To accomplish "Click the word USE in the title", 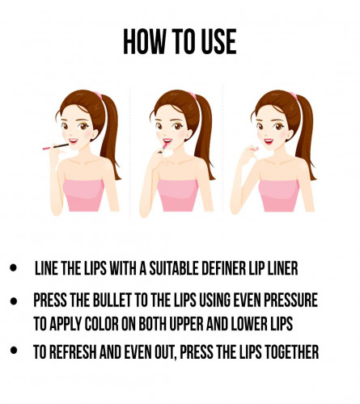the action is (x=218, y=42).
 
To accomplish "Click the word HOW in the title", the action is (x=144, y=42).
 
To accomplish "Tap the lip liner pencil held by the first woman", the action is (x=56, y=147).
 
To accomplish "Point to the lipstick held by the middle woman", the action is (x=163, y=148).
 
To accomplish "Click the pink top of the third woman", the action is (x=278, y=196).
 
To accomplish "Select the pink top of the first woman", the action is (x=83, y=196).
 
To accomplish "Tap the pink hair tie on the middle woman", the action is (x=193, y=95).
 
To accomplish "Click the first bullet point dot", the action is (x=13, y=268).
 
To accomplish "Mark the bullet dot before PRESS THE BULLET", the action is (x=13, y=301).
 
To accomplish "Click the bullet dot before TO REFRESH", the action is (x=13, y=350).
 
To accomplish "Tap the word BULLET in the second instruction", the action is (x=112, y=300).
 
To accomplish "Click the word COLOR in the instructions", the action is (x=101, y=324).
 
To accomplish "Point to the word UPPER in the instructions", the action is (x=186, y=324).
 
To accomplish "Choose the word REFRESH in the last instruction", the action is (x=73, y=351).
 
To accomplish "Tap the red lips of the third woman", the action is (x=269, y=141).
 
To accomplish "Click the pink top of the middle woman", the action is (x=178, y=196).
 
